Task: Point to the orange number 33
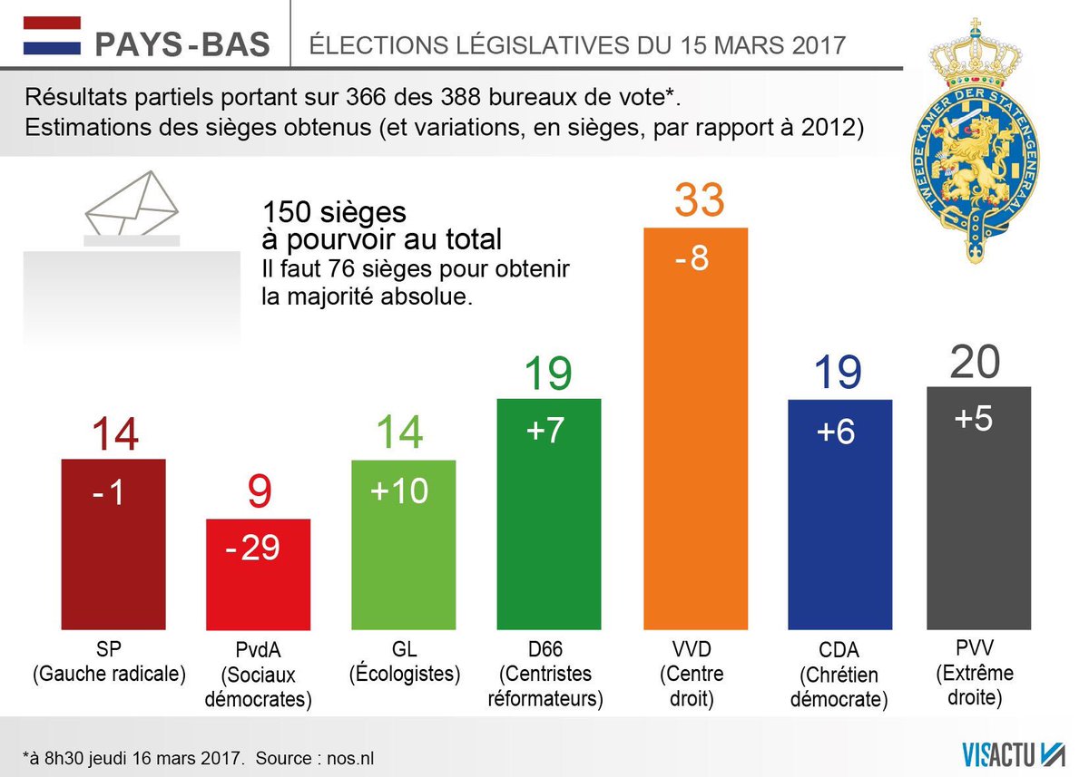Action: tap(699, 200)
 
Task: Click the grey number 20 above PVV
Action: tap(976, 362)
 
